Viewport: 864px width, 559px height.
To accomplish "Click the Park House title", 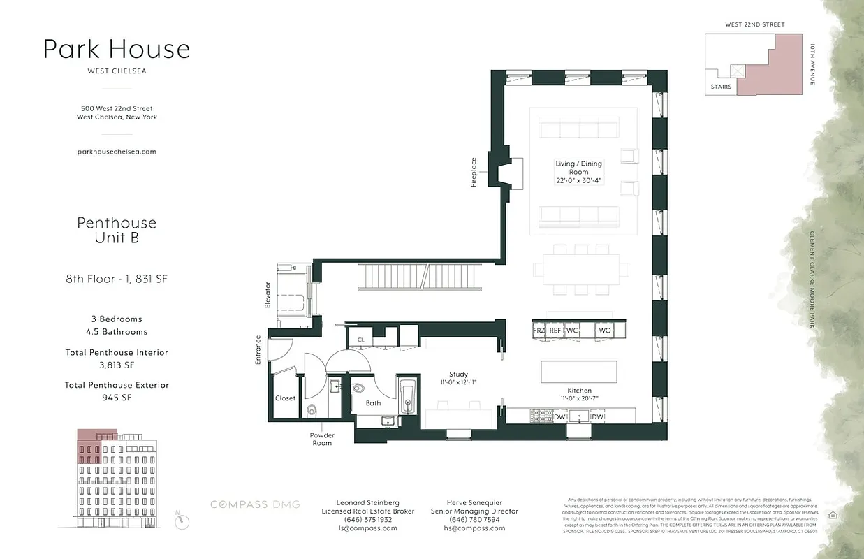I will (x=117, y=49).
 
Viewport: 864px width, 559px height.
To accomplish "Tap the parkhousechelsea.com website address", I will (x=117, y=151).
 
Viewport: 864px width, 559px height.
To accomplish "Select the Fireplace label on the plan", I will (x=474, y=172).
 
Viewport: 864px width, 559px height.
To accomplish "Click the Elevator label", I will (x=268, y=295).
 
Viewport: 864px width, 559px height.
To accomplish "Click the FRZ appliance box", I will (x=539, y=331).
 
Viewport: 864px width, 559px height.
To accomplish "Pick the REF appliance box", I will (x=555, y=331).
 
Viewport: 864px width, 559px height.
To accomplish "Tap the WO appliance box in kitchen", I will (x=605, y=331).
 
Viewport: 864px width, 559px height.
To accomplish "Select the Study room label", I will (x=458, y=375).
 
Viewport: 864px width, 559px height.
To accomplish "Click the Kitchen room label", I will (x=579, y=391).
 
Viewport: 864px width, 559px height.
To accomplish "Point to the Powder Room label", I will (x=322, y=439).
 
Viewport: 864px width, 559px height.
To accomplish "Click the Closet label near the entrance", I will (x=285, y=398).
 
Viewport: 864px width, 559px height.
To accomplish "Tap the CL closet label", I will (x=360, y=340).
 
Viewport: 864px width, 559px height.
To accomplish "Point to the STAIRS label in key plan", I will (x=721, y=87).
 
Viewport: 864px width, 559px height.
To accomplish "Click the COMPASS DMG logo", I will (x=256, y=504).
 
